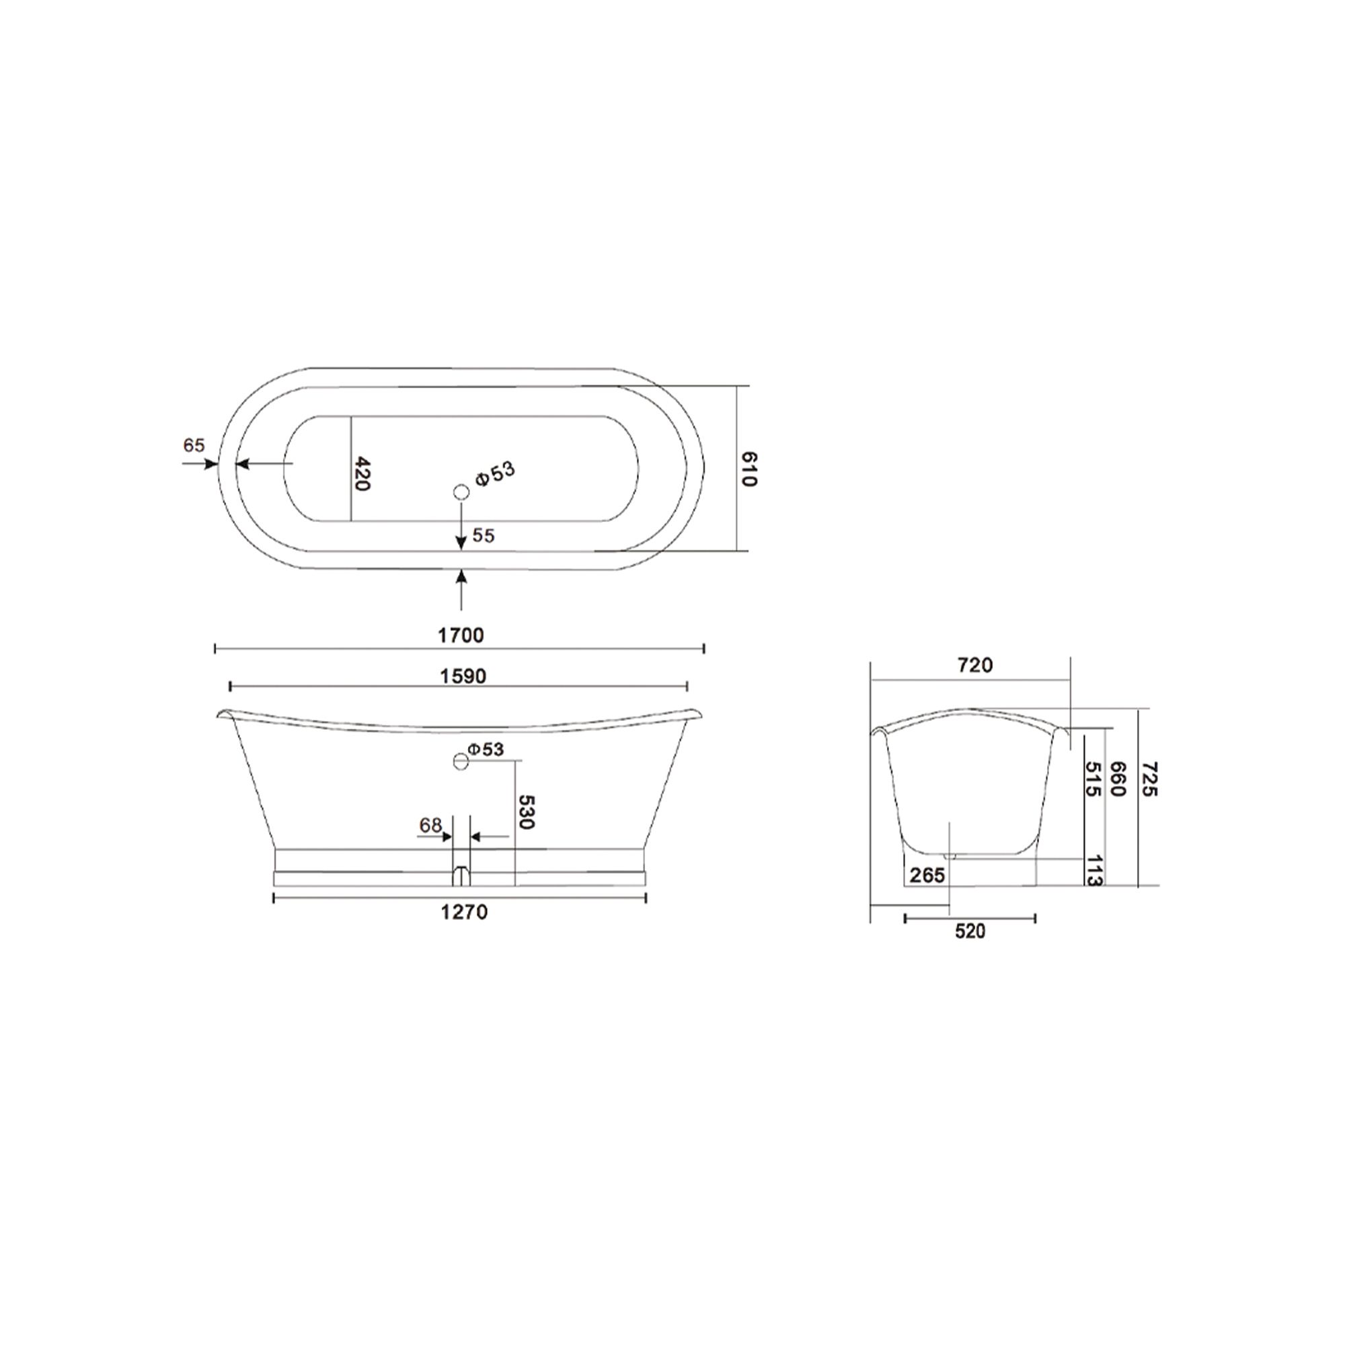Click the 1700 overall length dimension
(460, 635)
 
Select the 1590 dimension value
(463, 676)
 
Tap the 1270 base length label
(463, 911)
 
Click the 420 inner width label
(361, 473)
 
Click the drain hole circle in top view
(461, 492)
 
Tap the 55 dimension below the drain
(483, 535)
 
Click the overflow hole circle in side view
(460, 761)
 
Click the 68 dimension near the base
(430, 825)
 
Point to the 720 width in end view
(974, 666)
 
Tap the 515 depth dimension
(1092, 779)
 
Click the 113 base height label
(1093, 871)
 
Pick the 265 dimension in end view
(927, 875)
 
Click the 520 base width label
(970, 931)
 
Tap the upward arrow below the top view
(461, 585)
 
